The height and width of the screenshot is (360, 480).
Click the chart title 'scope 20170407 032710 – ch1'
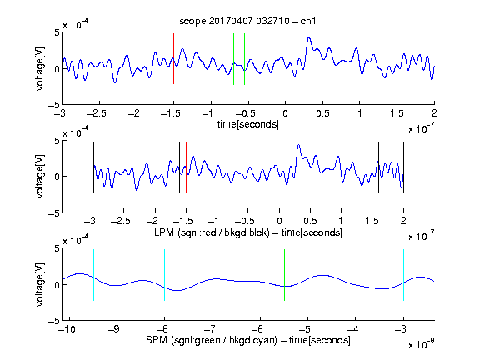click(247, 21)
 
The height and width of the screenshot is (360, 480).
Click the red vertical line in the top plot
click(173, 58)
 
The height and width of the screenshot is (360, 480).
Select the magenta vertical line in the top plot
click(397, 58)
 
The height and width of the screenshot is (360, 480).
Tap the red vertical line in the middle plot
click(186, 167)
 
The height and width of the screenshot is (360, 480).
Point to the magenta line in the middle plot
click(372, 167)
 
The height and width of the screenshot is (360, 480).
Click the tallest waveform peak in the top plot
click(309, 38)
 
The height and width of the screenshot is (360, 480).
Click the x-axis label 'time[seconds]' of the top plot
click(248, 124)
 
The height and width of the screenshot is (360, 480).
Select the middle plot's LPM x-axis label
click(248, 232)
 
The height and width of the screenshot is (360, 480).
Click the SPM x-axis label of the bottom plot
click(248, 340)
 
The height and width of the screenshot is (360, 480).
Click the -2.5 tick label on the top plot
click(96, 113)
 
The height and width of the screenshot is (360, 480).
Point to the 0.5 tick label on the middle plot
click(310, 221)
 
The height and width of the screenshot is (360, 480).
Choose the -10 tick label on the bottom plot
click(67, 329)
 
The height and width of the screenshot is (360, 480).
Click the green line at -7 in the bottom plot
click(212, 275)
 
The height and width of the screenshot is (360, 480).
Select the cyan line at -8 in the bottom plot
click(165, 275)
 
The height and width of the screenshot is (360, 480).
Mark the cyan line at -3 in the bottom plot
click(404, 275)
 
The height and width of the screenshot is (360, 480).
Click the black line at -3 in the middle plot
click(93, 167)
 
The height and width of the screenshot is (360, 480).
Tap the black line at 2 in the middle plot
click(404, 167)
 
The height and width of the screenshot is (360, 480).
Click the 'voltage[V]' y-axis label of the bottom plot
click(40, 284)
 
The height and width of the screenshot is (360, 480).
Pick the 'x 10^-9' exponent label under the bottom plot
click(421, 344)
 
